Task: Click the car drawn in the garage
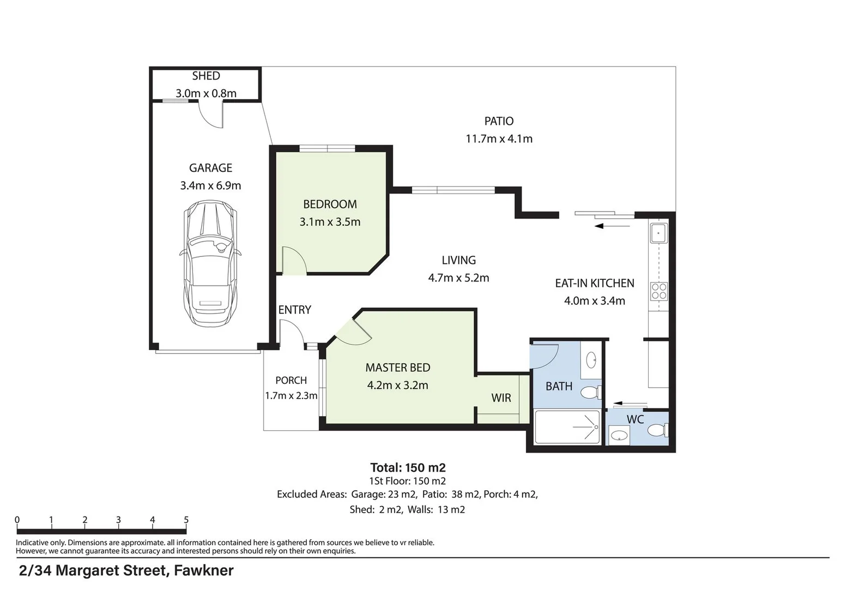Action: (x=210, y=263)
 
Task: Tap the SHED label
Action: (x=205, y=76)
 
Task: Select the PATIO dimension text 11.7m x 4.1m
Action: (x=499, y=139)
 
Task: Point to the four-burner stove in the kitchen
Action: (x=659, y=291)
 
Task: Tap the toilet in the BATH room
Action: (x=591, y=393)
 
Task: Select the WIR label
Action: (x=501, y=398)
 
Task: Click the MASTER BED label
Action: (x=397, y=368)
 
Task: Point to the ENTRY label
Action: (x=294, y=310)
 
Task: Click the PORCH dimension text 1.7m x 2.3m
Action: (x=291, y=395)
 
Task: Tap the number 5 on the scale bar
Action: (x=186, y=520)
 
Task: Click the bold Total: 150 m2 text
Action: (x=408, y=467)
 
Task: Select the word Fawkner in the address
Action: (x=204, y=570)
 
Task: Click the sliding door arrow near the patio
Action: (x=612, y=226)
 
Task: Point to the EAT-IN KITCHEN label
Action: (x=594, y=283)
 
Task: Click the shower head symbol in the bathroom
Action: (x=596, y=427)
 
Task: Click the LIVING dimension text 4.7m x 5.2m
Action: (x=458, y=278)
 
